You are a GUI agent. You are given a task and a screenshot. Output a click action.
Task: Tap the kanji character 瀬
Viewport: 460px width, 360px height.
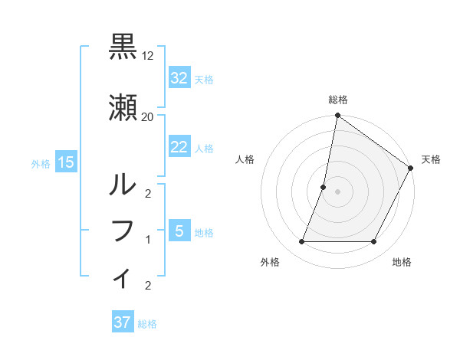click(123, 108)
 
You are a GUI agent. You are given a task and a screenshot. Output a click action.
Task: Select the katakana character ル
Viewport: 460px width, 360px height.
click(123, 184)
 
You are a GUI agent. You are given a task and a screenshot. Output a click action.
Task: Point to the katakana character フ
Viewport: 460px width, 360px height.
click(123, 231)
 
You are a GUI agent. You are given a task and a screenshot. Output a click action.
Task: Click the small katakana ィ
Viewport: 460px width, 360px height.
click(123, 277)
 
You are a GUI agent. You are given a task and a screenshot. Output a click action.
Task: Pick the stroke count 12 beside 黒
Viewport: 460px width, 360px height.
click(148, 56)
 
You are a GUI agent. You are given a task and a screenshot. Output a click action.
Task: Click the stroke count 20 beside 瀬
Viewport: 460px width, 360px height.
click(148, 116)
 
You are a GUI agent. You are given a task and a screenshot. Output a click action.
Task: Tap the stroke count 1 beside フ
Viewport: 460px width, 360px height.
click(148, 240)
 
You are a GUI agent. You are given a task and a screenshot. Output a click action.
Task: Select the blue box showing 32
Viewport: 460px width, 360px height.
click(179, 78)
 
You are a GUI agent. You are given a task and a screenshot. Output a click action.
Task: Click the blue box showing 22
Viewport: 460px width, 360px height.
click(179, 148)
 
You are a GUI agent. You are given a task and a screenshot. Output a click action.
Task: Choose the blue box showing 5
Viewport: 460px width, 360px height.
click(179, 231)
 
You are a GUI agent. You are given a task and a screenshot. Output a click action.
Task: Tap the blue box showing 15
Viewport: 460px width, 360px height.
click(65, 162)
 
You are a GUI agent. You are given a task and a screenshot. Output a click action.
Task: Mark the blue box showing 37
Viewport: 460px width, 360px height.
click(123, 322)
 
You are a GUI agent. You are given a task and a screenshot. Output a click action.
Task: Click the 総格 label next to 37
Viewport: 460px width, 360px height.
click(147, 324)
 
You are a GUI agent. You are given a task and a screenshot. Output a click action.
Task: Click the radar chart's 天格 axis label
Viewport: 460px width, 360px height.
click(431, 159)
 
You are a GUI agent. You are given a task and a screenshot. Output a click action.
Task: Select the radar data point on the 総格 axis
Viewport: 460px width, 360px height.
click(337, 116)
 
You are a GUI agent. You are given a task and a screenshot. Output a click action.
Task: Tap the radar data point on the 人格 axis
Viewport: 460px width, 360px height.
click(324, 187)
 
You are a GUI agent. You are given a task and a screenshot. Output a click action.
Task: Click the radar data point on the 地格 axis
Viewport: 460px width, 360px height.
click(374, 242)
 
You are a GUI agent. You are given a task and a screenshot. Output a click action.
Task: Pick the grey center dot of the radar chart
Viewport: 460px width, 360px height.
click(337, 191)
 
